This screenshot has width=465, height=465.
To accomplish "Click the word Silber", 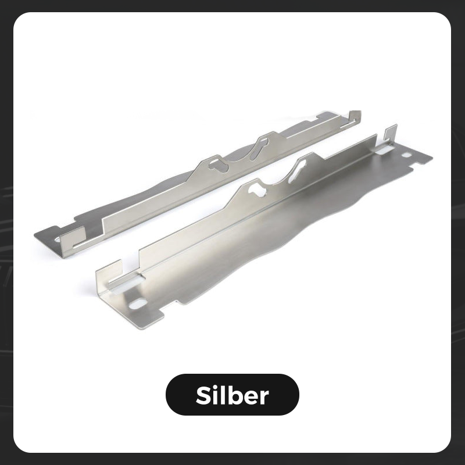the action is pos(232,395).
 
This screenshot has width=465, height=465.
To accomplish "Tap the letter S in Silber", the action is pos(203,395).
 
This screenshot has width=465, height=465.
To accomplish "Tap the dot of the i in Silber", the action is pos(216,387).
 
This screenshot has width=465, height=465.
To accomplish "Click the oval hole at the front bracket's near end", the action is pos(138,303).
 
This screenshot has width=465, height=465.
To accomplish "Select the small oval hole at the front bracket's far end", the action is pos(406,155).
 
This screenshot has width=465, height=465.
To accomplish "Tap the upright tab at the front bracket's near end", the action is pos(109,276).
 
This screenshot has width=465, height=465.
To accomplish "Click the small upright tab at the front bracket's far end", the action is pos(391,133).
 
